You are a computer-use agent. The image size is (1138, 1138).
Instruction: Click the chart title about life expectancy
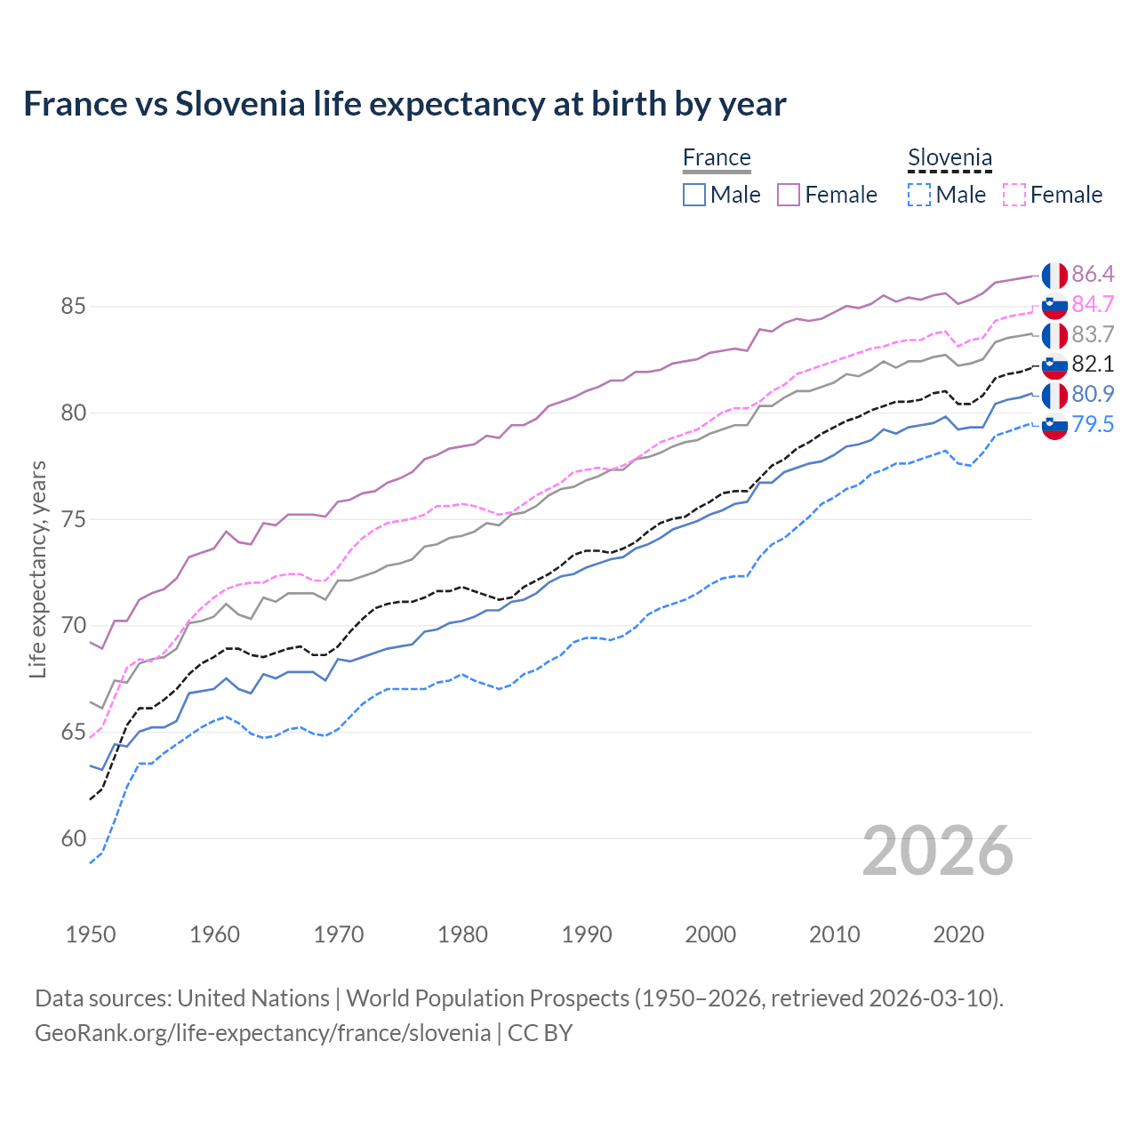(x=405, y=104)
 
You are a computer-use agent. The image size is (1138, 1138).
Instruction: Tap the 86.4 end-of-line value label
(x=1093, y=274)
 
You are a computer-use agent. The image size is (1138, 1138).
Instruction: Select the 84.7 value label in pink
(x=1093, y=304)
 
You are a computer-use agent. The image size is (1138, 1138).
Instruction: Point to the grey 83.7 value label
(x=1093, y=334)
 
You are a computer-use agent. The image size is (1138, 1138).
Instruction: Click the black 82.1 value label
(x=1093, y=364)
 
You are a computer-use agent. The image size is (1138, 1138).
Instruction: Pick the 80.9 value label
(x=1093, y=394)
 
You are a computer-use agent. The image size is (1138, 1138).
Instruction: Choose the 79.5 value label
(x=1093, y=424)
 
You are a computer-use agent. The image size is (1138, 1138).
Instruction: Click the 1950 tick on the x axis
(x=91, y=934)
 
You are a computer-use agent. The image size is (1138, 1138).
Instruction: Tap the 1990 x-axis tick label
(x=587, y=934)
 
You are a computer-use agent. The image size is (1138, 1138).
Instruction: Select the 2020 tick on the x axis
(x=958, y=934)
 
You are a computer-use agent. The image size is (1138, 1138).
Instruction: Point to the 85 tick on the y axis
(x=74, y=307)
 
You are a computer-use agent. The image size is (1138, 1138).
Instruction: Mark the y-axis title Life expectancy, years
(x=38, y=569)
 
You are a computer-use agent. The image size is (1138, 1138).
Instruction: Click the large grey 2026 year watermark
(x=938, y=851)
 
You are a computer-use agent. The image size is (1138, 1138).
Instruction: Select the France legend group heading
(x=717, y=158)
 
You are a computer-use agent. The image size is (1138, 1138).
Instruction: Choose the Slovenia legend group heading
(x=950, y=158)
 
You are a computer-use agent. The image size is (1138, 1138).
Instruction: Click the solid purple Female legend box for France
(x=789, y=195)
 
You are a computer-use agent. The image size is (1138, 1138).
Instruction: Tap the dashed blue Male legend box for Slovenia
(x=919, y=195)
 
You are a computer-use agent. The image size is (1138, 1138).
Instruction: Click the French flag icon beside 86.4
(x=1054, y=276)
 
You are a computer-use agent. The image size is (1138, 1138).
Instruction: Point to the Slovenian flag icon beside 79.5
(x=1054, y=426)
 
